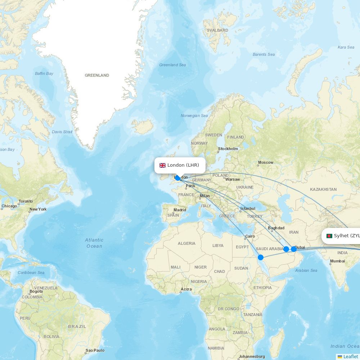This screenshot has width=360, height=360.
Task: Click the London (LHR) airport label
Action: pyautogui.click(x=183, y=165)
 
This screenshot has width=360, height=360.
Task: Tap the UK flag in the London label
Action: pyautogui.click(x=163, y=165)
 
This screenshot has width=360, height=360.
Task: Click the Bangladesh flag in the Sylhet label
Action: pyautogui.click(x=329, y=236)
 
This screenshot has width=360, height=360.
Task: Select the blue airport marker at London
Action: pyautogui.click(x=177, y=178)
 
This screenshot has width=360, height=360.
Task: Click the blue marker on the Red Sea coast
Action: pyautogui.click(x=261, y=257)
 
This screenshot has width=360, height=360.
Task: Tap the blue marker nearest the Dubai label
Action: pyautogui.click(x=294, y=249)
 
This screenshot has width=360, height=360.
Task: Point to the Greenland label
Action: pyautogui.click(x=97, y=75)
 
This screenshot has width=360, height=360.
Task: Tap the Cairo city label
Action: pyautogui.click(x=250, y=237)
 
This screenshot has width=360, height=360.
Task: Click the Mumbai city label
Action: pyautogui.click(x=337, y=261)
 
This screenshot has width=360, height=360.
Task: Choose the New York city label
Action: pyautogui.click(x=38, y=209)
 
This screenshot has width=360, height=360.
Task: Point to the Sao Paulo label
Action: pyautogui.click(x=95, y=350)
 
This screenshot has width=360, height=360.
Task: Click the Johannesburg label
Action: pyautogui.click(x=252, y=356)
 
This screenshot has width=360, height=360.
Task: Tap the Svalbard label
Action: pyautogui.click(x=217, y=30)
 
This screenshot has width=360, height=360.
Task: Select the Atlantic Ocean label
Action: pyautogui.click(x=94, y=243)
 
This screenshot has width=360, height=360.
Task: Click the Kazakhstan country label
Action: pyautogui.click(x=323, y=189)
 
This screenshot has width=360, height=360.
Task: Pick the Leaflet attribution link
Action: pyautogui.click(x=350, y=356)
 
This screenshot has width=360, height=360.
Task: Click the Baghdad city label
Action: pyautogui.click(x=276, y=228)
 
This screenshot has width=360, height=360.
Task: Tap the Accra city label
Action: pyautogui.click(x=186, y=289)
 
